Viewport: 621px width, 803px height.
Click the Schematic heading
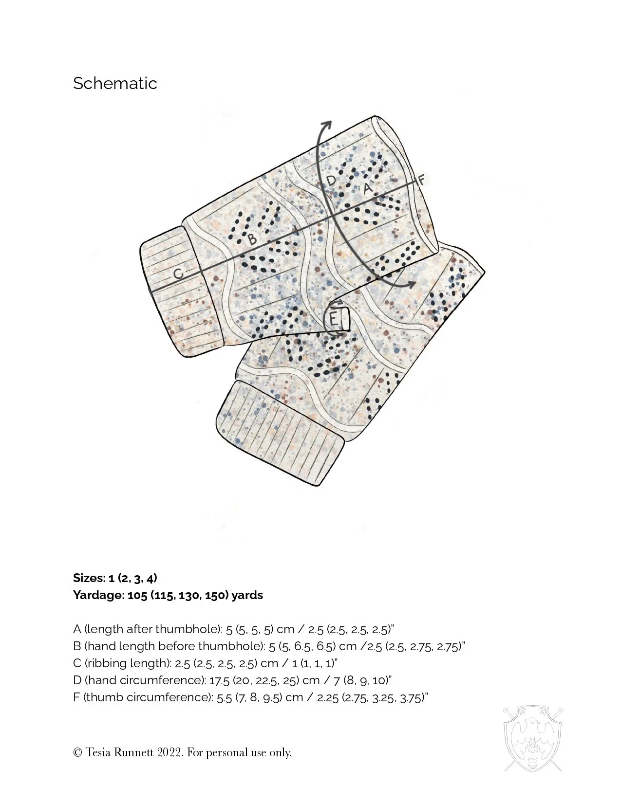pyautogui.click(x=115, y=83)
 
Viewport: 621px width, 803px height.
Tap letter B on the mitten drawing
pyautogui.click(x=252, y=239)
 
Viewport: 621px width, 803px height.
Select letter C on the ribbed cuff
pyautogui.click(x=179, y=274)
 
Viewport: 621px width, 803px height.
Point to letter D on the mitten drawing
pyautogui.click(x=331, y=181)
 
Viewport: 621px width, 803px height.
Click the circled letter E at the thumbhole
pyautogui.click(x=334, y=320)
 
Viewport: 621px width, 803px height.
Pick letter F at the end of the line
pyautogui.click(x=422, y=180)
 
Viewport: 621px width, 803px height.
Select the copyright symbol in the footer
pyautogui.click(x=77, y=753)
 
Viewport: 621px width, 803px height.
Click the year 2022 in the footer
pyautogui.click(x=170, y=753)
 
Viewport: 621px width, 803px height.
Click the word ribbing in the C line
pyautogui.click(x=104, y=663)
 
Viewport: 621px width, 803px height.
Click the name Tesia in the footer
pyautogui.click(x=100, y=753)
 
